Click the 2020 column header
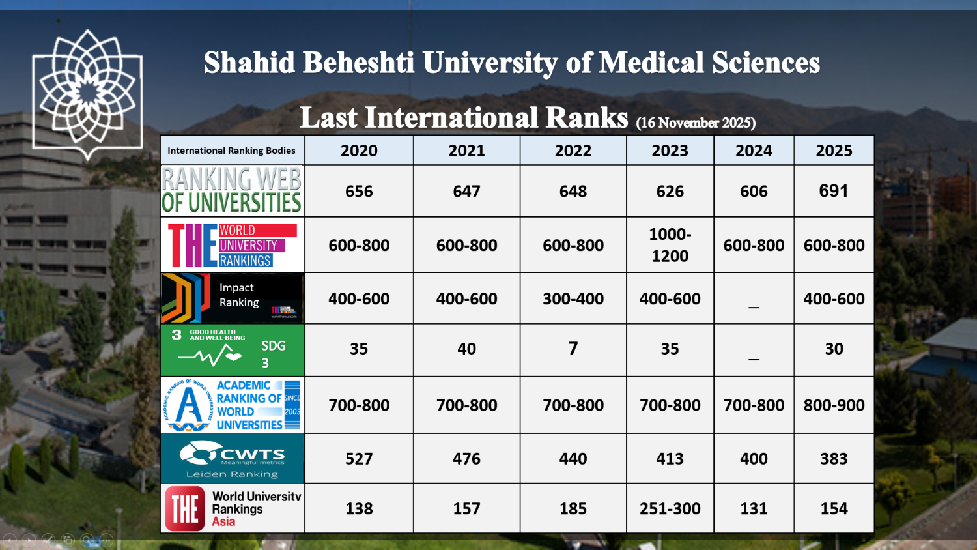(359, 151)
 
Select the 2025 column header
(834, 151)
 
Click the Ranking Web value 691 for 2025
(834, 191)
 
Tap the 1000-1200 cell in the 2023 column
(670, 245)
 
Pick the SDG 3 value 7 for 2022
(573, 349)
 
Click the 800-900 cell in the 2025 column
(834, 405)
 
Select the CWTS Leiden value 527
(359, 459)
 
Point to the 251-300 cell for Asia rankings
(670, 508)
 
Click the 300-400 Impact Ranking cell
(573, 298)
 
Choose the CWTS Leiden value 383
(834, 459)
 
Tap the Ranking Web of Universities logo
(232, 190)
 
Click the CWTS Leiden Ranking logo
(232, 458)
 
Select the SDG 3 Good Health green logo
(232, 350)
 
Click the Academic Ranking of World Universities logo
(232, 405)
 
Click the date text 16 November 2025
(696, 123)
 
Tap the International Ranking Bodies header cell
(231, 151)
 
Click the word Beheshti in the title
(358, 63)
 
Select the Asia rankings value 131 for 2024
(754, 508)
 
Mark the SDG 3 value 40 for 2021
(466, 349)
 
